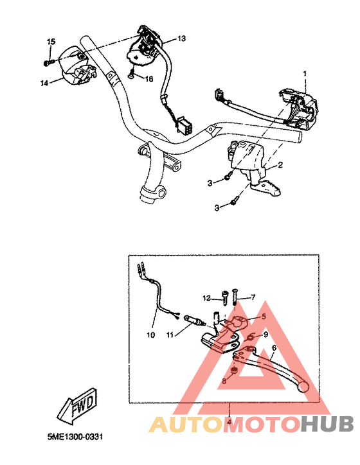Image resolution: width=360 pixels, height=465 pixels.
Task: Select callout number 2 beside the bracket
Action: click(280, 166)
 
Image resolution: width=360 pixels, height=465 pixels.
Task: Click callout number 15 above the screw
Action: click(49, 42)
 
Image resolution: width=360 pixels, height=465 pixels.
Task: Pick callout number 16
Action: click(148, 79)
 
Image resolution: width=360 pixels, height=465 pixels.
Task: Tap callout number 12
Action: click(207, 297)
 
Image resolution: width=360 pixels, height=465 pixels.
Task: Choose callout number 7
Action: click(253, 297)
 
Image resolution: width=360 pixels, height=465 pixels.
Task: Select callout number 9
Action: click(264, 335)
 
